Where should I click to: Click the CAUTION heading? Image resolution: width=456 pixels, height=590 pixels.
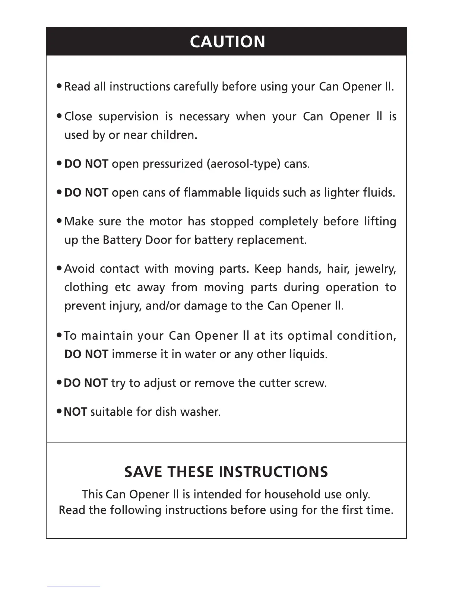click(x=227, y=42)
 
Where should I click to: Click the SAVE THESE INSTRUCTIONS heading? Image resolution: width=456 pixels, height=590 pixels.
click(x=226, y=472)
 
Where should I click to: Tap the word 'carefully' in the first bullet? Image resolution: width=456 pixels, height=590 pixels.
click(x=196, y=87)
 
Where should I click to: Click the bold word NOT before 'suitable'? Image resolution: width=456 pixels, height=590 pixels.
click(x=75, y=412)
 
